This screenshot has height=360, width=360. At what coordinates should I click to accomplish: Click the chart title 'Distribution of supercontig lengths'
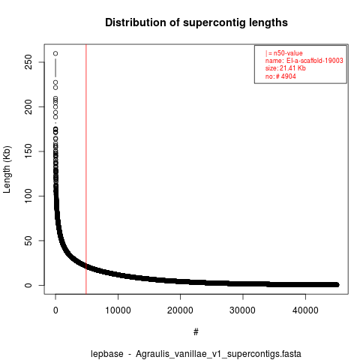point(196,22)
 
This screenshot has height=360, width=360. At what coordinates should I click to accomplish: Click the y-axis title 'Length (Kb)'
point(7,169)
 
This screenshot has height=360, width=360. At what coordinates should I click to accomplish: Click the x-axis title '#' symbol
point(196,332)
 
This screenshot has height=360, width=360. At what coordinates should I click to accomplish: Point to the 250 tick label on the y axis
point(28,62)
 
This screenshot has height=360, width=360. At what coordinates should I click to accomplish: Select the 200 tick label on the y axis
point(28,106)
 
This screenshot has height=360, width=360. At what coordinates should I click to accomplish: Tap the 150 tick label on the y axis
point(28,151)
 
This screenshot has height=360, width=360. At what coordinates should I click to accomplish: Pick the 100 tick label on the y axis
point(28,196)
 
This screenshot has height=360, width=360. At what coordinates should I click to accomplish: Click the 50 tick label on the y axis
point(28,241)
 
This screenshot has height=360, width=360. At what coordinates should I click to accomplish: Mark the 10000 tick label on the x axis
point(118,310)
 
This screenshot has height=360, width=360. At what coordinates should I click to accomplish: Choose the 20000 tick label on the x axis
point(180,310)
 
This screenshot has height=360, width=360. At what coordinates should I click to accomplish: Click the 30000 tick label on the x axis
point(243,310)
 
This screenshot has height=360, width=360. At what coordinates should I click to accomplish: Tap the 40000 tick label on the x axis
point(305,310)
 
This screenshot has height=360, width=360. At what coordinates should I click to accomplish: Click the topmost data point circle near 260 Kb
point(55,53)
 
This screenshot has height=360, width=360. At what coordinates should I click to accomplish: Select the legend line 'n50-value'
point(284,53)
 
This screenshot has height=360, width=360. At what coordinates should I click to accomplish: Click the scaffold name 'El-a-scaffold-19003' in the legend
point(315,61)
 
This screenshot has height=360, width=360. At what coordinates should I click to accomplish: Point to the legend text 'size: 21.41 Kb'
point(286,68)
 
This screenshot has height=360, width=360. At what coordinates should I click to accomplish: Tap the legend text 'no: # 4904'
point(280,76)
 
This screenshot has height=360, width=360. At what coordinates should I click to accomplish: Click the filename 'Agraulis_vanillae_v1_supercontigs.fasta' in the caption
point(218,354)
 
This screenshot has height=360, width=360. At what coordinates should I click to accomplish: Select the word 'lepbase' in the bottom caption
point(107,354)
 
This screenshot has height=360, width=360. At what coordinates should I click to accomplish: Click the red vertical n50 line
point(86,169)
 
